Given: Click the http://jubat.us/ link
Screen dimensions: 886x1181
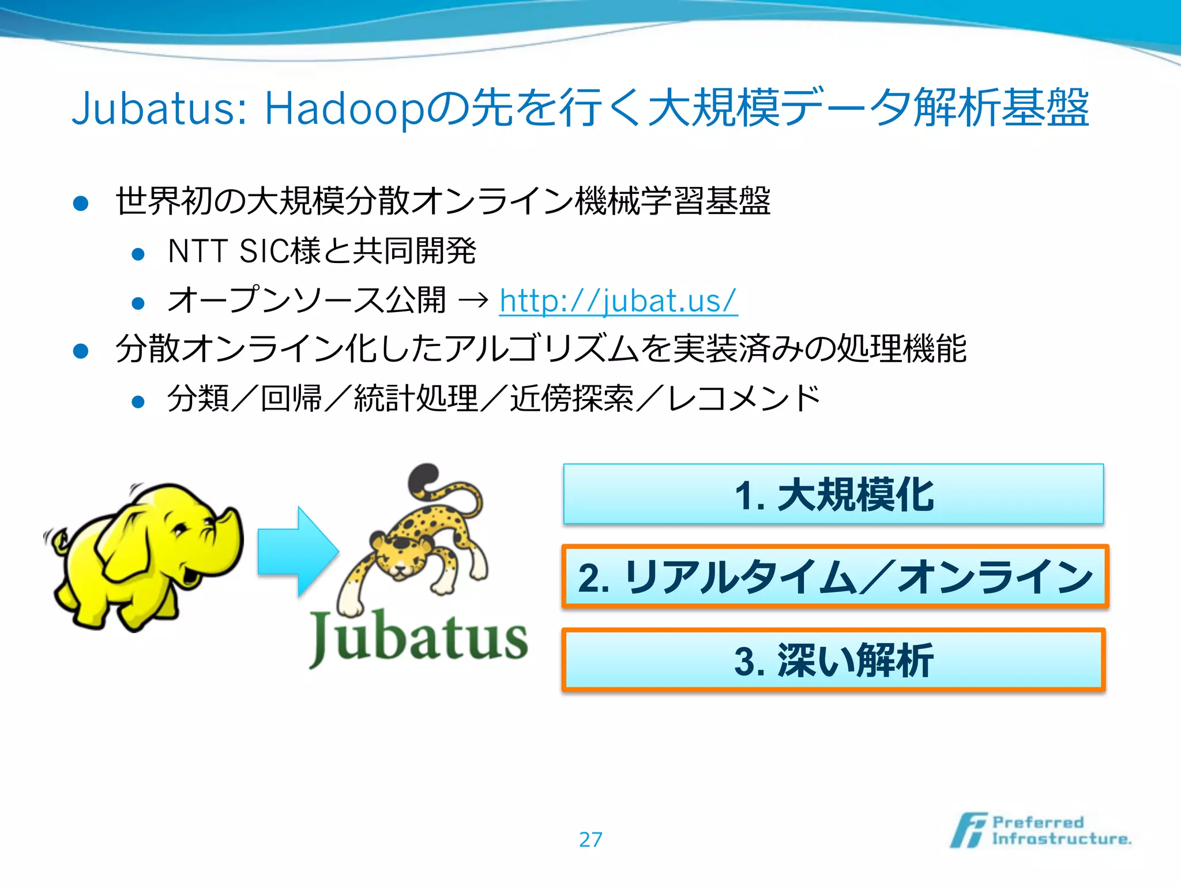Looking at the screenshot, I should pos(618,301).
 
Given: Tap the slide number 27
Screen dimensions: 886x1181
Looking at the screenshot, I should pos(590,839).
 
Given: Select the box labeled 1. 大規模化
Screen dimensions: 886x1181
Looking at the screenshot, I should pos(833,494).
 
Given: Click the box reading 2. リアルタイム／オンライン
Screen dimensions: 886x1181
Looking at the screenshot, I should pos(834,577).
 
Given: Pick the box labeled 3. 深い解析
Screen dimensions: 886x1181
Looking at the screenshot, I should pos(833,660).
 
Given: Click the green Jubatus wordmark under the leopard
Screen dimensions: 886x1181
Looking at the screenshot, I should pos(419,637).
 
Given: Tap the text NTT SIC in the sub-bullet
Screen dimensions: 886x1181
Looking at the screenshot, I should pos(228,251).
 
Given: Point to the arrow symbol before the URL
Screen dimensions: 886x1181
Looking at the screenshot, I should pos(473,301).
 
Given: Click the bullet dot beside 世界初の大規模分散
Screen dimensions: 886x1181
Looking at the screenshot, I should pos(81,202).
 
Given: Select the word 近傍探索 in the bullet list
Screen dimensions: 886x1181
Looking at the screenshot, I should pos(571,399).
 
